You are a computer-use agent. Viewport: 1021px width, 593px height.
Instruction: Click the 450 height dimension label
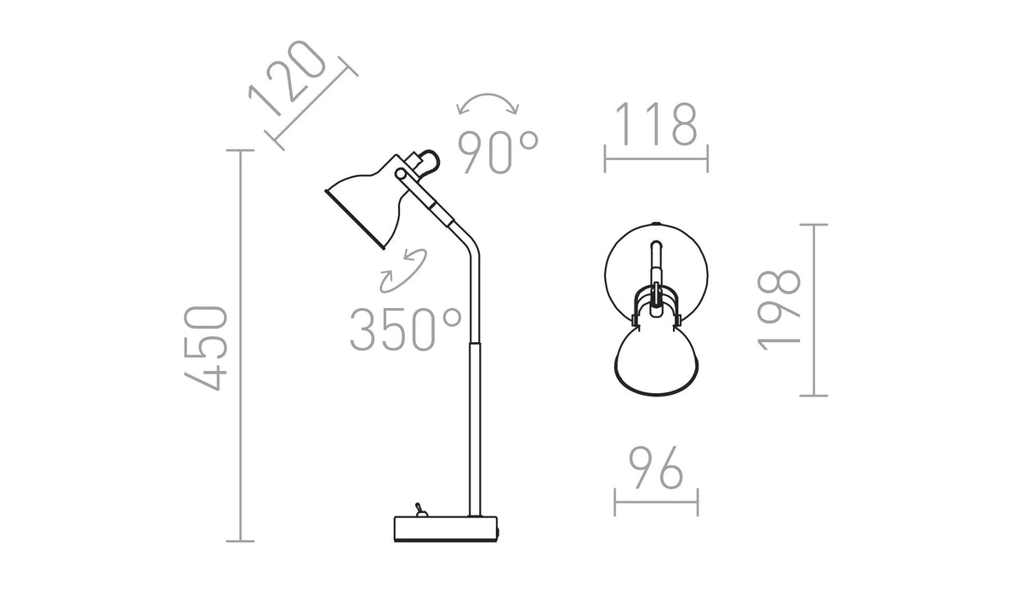pyautogui.click(x=206, y=349)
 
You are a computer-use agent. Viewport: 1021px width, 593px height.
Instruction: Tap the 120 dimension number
pyautogui.click(x=288, y=77)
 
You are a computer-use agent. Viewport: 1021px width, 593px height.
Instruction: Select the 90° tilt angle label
pyautogui.click(x=498, y=152)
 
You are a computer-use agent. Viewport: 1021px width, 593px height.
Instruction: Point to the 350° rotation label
pyautogui.click(x=406, y=329)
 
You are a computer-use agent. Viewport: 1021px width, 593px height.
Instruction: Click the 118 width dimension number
pyautogui.click(x=656, y=124)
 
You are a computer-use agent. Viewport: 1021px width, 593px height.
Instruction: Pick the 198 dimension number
pyautogui.click(x=779, y=311)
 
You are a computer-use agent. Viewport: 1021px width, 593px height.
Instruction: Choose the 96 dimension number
pyautogui.click(x=656, y=468)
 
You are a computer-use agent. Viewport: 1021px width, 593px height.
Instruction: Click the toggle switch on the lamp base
pyautogui.click(x=419, y=510)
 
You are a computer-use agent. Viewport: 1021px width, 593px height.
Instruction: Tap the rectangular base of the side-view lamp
pyautogui.click(x=446, y=528)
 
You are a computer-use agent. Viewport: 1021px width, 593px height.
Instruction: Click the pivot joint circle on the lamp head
pyautogui.click(x=401, y=174)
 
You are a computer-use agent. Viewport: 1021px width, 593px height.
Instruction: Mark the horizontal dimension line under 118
pyautogui.click(x=656, y=159)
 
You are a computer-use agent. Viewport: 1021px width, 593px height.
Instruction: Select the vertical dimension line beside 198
pyautogui.click(x=813, y=311)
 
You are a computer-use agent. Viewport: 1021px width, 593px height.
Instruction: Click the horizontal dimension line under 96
pyautogui.click(x=656, y=502)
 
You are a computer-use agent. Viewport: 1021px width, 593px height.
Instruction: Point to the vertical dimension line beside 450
pyautogui.click(x=240, y=345)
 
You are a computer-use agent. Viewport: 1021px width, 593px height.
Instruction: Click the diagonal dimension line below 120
pyautogui.click(x=311, y=104)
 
